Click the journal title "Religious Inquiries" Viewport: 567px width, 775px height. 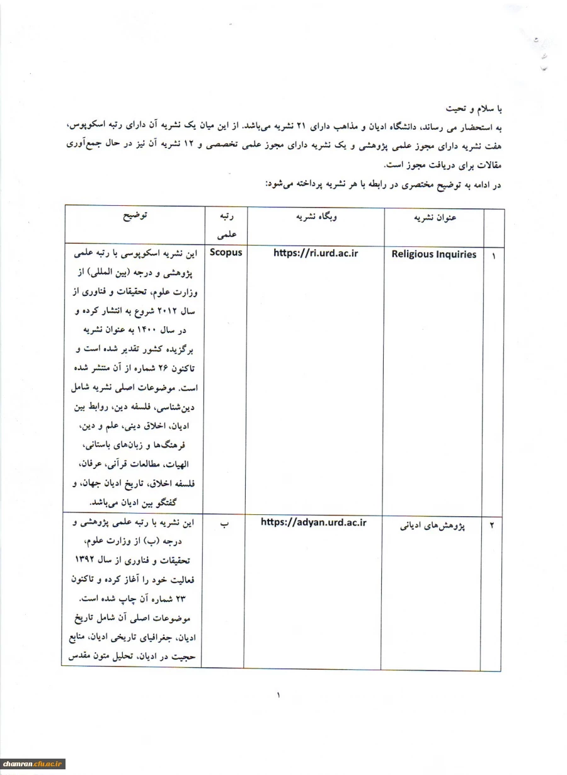click(434, 254)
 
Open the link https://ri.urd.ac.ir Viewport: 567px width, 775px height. click(316, 252)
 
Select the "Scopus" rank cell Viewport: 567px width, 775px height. click(226, 252)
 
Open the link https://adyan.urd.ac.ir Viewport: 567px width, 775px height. click(313, 523)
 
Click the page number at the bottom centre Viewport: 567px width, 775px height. click(278, 696)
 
